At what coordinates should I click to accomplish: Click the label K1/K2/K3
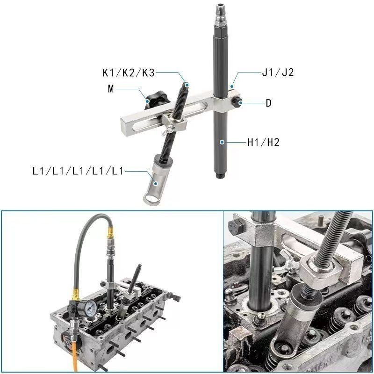point(129,72)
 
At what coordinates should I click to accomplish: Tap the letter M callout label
point(111,89)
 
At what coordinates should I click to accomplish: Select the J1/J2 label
point(278,72)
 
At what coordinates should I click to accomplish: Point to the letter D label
point(268,103)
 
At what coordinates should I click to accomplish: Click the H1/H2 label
point(263,142)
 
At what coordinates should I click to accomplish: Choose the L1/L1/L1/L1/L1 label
point(78,171)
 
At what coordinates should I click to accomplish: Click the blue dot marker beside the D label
point(241,103)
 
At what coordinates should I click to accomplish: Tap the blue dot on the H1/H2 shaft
point(222,142)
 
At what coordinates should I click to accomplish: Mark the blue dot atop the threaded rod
point(187,85)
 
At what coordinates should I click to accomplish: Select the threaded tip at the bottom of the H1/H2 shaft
point(221,176)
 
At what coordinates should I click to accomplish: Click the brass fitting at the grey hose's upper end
point(110,233)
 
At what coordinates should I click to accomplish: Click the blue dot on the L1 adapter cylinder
point(156,183)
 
